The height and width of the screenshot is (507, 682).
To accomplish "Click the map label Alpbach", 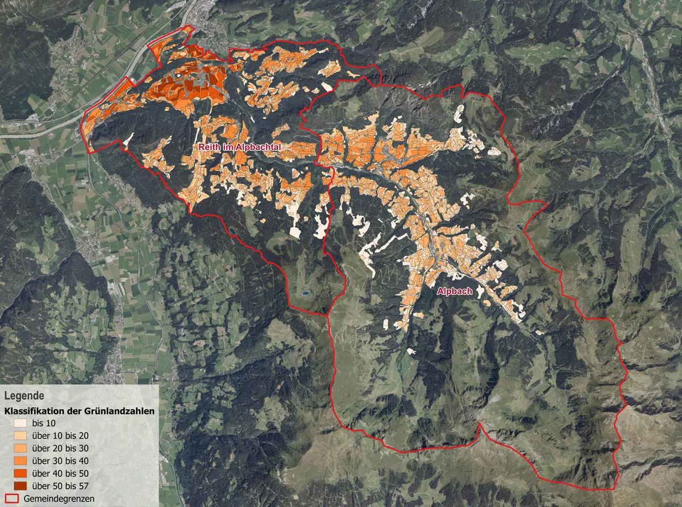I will click(454, 291).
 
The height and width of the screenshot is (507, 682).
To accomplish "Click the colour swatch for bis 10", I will click(20, 423).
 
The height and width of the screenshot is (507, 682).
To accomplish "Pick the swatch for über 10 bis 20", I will click(20, 436).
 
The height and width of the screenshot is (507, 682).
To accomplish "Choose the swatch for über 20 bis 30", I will click(20, 448).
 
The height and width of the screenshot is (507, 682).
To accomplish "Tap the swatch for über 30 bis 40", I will click(20, 461).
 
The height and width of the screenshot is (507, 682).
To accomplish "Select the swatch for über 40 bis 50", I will click(20, 473).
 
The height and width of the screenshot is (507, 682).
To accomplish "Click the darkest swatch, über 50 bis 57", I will click(20, 486).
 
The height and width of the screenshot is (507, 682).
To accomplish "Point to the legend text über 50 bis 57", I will click(59, 486).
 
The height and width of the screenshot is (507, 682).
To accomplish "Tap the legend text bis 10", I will click(45, 423).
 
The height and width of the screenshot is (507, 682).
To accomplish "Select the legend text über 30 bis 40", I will click(59, 461).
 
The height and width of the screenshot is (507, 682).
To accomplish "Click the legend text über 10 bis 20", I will click(59, 436).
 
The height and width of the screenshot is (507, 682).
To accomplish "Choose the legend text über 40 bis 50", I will click(59, 473).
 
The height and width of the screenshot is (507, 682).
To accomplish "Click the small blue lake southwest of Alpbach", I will click(306, 293).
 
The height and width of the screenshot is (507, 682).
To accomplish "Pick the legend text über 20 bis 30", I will click(59, 448).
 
